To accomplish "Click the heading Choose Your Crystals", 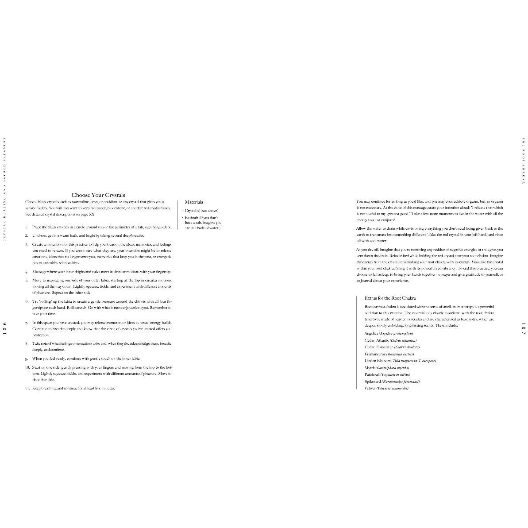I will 98,195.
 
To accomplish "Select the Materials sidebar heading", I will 194,202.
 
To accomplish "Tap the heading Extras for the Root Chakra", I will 390,298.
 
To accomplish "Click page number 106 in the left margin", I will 5,327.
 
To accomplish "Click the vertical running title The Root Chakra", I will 523,161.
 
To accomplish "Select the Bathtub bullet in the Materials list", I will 203,223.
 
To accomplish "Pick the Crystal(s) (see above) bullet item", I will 201,211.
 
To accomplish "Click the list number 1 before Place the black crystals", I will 27,227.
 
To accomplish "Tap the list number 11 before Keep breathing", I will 27,388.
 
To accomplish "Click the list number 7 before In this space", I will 27,323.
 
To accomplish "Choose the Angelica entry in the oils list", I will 389,333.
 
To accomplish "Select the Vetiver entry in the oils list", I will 386,388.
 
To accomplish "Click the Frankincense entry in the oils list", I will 389,354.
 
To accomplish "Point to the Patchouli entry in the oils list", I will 387,374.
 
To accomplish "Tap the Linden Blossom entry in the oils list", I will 400,361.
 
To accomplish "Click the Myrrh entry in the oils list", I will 386,368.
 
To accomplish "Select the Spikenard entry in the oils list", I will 392,382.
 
